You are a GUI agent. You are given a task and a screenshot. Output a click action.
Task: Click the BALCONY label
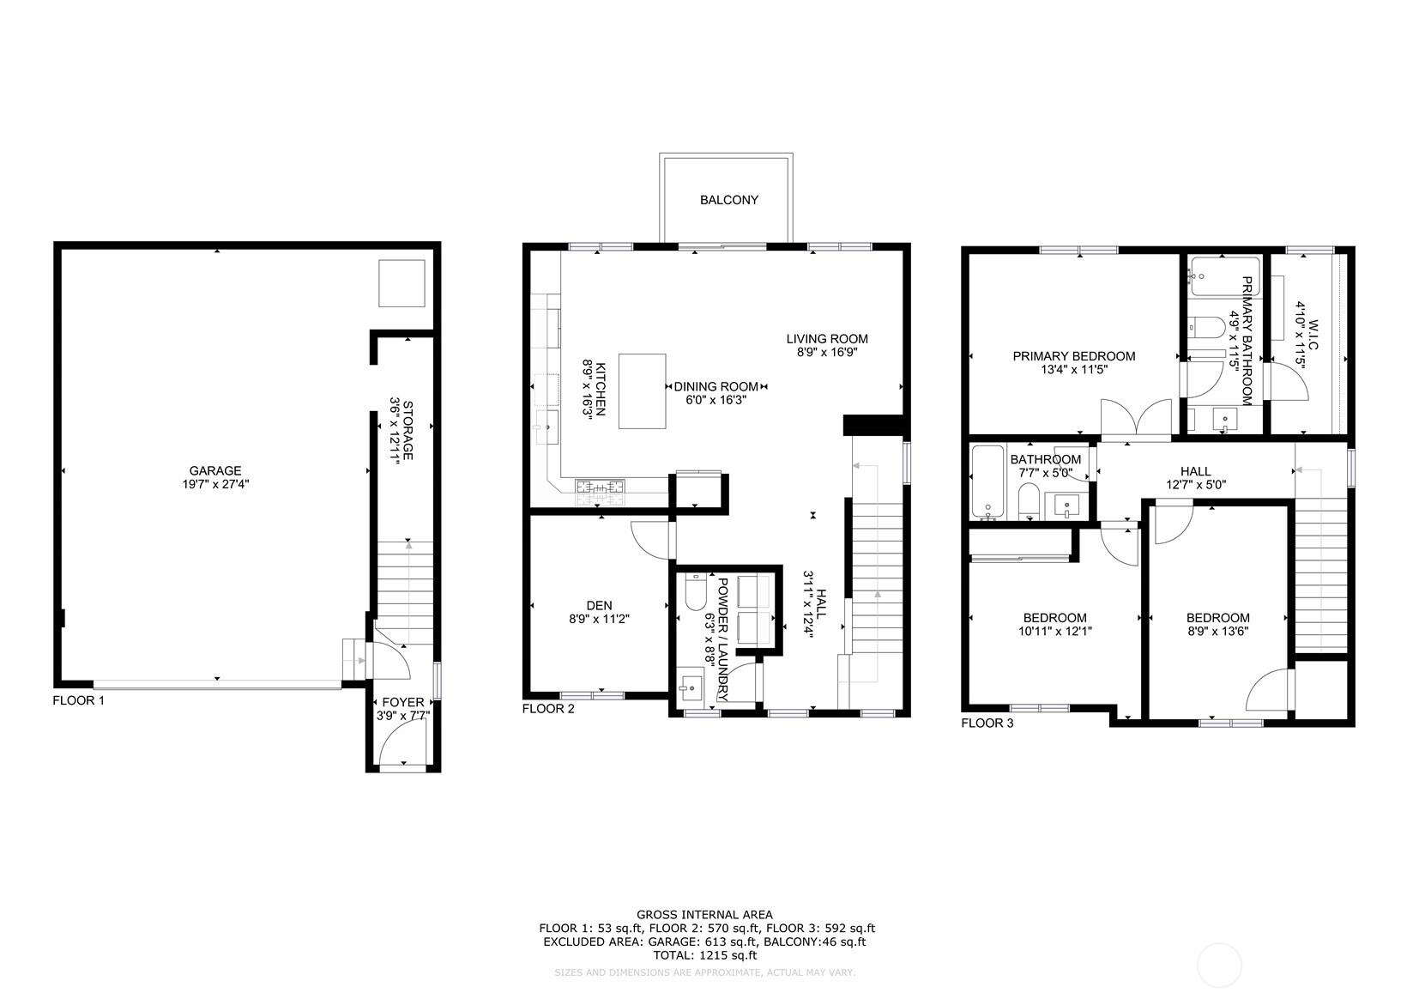coord(728,200)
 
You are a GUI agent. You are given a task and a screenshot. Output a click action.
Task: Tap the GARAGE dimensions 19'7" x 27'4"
coord(215,484)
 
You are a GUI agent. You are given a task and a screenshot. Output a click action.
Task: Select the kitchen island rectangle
coord(642,391)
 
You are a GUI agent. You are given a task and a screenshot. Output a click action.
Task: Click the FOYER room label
coord(402,702)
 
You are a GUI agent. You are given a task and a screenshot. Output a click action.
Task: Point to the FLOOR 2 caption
coord(547,708)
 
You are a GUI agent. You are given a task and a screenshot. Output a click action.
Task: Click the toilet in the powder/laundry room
coord(696,591)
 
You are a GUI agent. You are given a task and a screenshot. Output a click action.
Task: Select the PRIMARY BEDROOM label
coord(1073,356)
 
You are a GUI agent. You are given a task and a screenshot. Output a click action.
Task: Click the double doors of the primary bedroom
coord(1136,420)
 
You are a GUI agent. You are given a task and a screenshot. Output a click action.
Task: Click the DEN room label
coord(599,605)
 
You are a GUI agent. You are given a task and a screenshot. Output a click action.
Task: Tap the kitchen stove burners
coord(601,489)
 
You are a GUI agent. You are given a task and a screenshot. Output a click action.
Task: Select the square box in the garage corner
coord(402,283)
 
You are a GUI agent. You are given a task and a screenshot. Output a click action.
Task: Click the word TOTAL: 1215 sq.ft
coord(705,954)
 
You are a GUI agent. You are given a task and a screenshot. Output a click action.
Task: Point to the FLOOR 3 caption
coord(987,723)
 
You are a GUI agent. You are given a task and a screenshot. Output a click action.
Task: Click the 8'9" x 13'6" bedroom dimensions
coord(1217,631)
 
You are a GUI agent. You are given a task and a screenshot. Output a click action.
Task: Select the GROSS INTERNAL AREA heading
coord(704,914)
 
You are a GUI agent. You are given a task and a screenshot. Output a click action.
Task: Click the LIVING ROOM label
coord(826,338)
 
